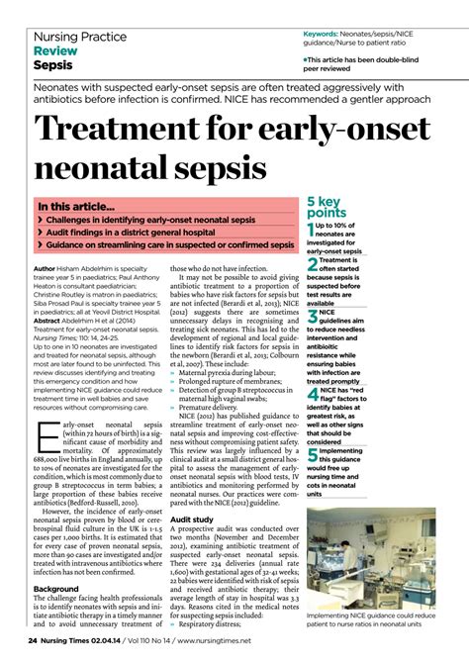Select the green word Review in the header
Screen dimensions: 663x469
click(x=55, y=50)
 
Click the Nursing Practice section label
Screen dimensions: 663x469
click(x=80, y=37)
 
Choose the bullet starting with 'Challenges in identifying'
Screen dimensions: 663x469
click(x=149, y=220)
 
